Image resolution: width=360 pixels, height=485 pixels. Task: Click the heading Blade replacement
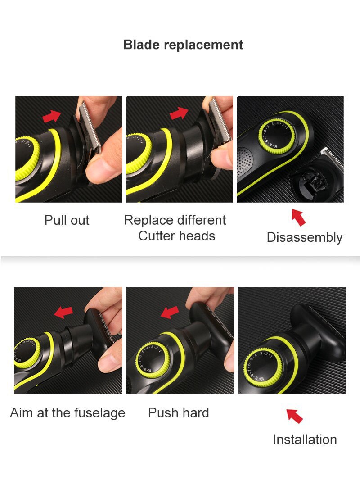(183, 45)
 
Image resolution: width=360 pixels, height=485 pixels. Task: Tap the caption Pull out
(67, 220)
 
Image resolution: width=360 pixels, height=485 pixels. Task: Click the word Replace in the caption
(148, 220)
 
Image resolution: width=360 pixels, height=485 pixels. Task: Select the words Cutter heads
(176, 236)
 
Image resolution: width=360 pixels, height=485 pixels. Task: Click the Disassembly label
(304, 237)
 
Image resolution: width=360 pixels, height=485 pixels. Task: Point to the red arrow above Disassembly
(299, 217)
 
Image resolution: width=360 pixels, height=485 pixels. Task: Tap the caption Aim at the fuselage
(67, 412)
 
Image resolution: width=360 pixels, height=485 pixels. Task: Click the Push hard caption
(179, 412)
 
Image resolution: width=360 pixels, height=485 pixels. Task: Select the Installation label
(305, 440)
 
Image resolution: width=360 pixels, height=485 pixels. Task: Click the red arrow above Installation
(295, 416)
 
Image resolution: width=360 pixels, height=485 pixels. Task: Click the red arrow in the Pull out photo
(52, 115)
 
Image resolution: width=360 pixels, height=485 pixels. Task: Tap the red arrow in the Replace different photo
(179, 113)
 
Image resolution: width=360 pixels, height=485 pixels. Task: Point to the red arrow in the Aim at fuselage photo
(63, 312)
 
